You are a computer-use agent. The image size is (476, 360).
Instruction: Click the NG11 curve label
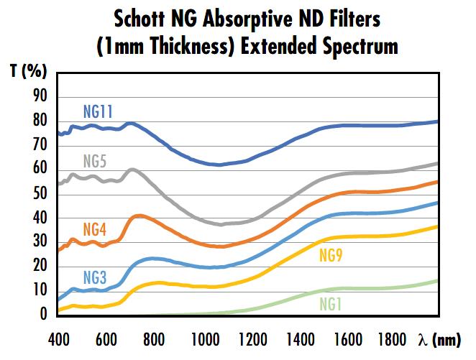(99, 111)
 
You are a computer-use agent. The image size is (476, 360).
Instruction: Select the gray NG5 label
(94, 161)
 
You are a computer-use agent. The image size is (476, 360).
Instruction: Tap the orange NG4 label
(95, 230)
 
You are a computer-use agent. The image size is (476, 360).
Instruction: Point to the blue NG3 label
(95, 277)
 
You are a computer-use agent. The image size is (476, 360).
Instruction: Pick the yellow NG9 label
(331, 255)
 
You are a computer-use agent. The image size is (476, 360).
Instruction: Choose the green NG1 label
(330, 305)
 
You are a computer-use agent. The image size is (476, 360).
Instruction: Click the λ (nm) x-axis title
(441, 338)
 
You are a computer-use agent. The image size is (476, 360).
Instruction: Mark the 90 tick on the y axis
(41, 97)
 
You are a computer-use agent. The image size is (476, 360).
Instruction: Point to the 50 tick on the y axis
(41, 194)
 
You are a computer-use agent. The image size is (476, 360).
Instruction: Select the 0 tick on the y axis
(44, 315)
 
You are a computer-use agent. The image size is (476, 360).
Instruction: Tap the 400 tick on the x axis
(58, 338)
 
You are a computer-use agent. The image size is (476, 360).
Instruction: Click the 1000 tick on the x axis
(203, 338)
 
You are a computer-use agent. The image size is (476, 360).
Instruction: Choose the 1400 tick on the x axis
(299, 338)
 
